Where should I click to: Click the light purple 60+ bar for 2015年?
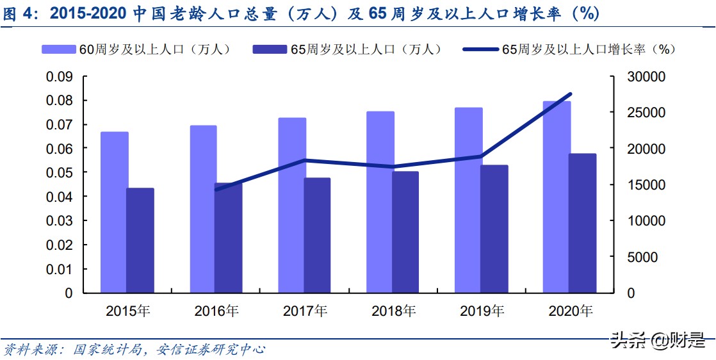tap(114, 212)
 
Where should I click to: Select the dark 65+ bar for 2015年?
tap(140, 240)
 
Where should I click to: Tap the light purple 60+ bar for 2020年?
tap(557, 197)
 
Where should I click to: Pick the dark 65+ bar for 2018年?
tap(405, 232)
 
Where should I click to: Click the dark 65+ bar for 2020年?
tap(583, 223)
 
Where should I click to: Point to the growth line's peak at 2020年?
tap(570, 94)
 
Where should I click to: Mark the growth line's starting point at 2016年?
tap(216, 190)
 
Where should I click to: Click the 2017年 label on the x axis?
tap(305, 311)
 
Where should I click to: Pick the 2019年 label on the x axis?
tap(482, 311)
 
